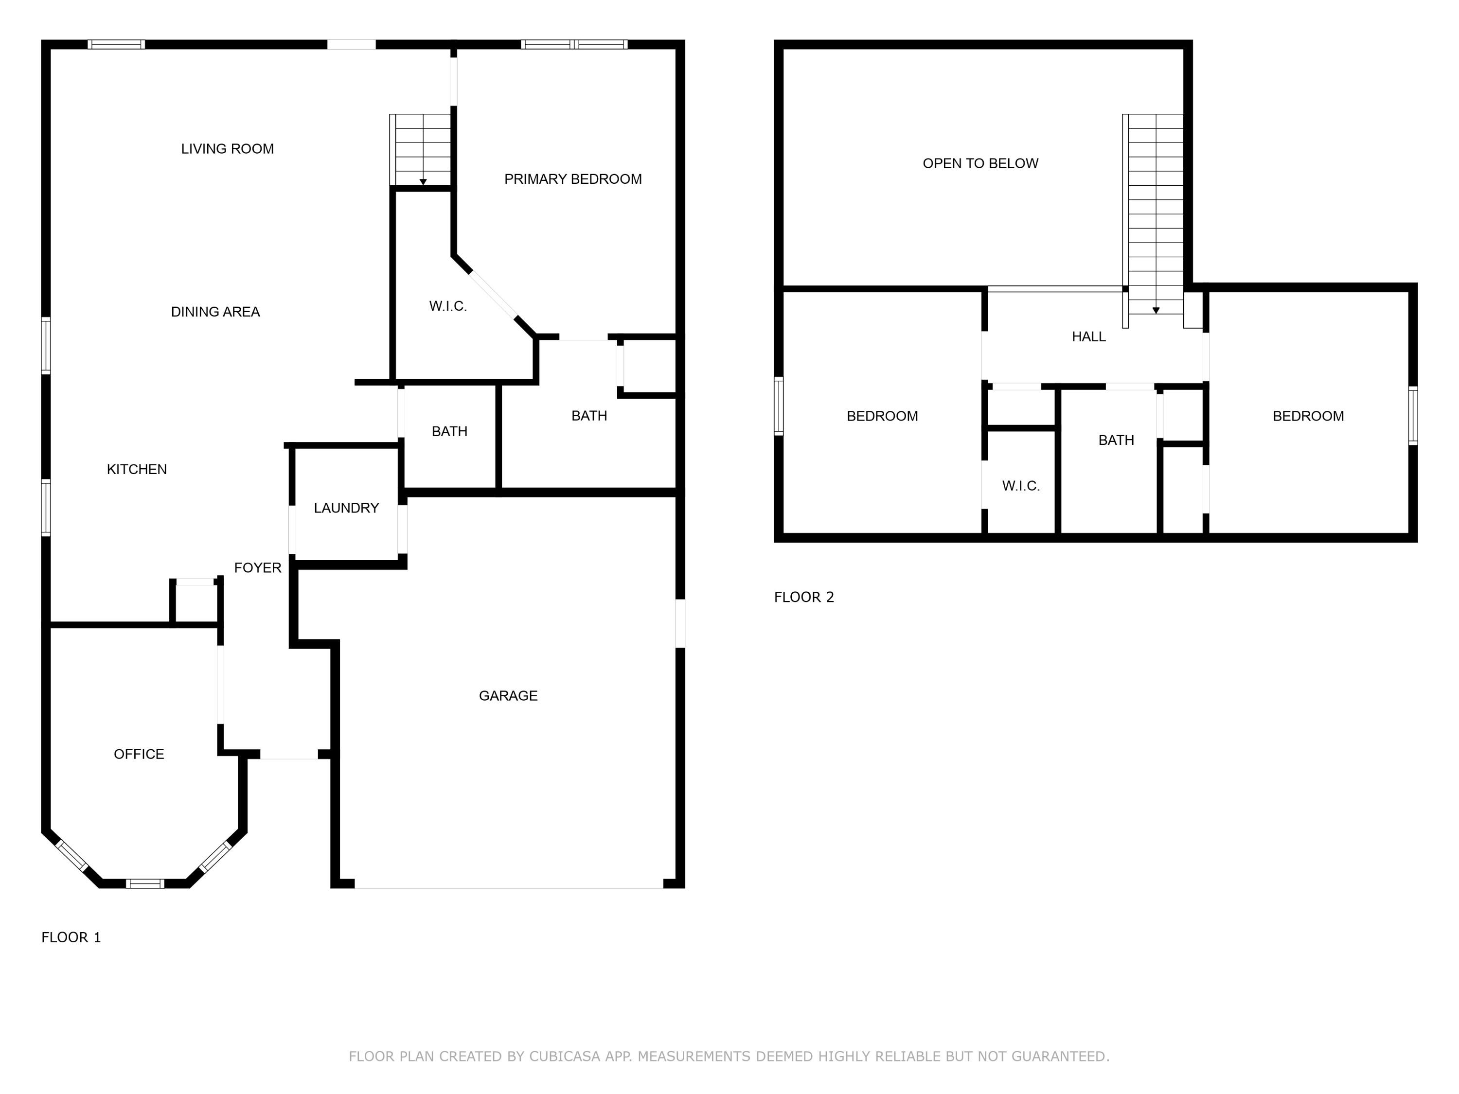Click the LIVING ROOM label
point(228,149)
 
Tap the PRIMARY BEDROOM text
point(572,179)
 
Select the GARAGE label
point(508,696)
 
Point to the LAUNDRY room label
point(346,508)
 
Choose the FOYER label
point(257,568)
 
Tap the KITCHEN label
point(137,470)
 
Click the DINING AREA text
point(215,312)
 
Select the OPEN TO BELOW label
point(980,163)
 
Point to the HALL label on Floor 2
point(1088,337)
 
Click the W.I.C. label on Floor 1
point(448,306)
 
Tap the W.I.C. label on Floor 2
point(1020,486)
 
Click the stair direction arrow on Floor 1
point(423,182)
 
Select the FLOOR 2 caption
point(803,598)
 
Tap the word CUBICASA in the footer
point(564,1057)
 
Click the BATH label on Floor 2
point(1116,441)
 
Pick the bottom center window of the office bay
point(144,883)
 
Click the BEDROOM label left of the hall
point(882,416)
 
